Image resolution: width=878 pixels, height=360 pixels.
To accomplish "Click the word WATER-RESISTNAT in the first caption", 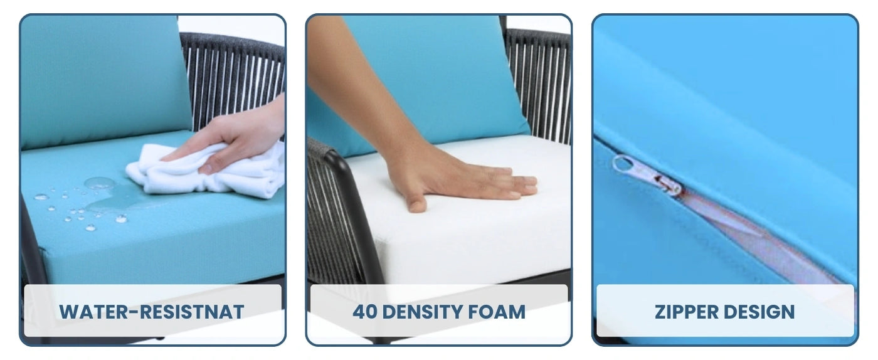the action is (x=152, y=312).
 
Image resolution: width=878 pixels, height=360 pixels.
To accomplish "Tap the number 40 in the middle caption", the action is (x=364, y=312).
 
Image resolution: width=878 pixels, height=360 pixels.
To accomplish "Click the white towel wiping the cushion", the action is (x=204, y=172).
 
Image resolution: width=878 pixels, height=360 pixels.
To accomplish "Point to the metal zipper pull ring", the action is (x=624, y=164).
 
